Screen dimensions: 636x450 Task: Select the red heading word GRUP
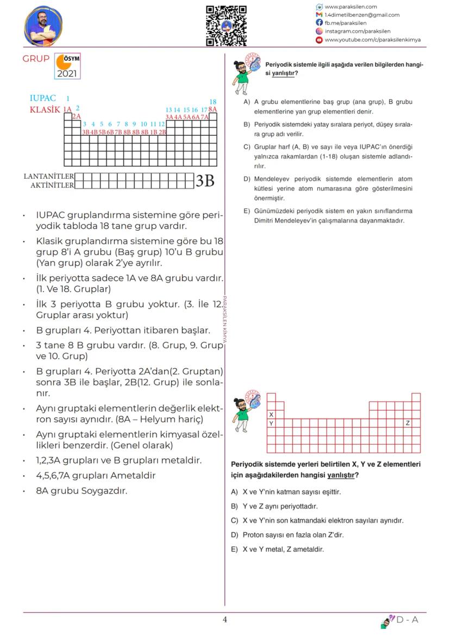[36, 59]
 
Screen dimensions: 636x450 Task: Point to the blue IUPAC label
[43, 99]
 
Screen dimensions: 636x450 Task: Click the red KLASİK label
[45, 109]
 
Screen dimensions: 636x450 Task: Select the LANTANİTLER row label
[48, 177]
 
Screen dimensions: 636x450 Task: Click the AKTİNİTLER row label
[52, 185]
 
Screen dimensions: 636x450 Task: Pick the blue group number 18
[212, 102]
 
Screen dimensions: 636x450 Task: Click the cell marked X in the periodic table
[271, 414]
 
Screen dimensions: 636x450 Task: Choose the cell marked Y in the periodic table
[271, 423]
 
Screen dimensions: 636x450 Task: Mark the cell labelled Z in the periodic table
[408, 423]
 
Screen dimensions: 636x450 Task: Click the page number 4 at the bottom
[225, 620]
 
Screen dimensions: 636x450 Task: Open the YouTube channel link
[372, 40]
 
